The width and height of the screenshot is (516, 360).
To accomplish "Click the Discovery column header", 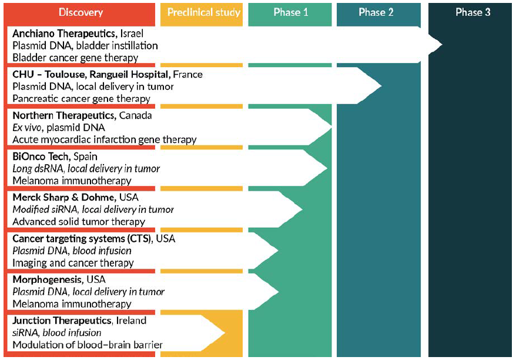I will click(x=81, y=12).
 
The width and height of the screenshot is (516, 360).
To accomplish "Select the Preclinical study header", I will click(x=203, y=12).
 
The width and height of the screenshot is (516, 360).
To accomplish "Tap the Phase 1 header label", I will click(x=290, y=12).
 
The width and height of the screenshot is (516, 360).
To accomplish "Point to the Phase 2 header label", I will click(x=376, y=12).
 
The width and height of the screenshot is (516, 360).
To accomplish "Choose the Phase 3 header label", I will click(x=473, y=12).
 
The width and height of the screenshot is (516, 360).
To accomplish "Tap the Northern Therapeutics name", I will click(x=65, y=115).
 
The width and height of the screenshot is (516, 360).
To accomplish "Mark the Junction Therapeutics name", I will click(x=62, y=321).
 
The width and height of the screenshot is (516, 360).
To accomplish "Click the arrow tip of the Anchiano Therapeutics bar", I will click(x=441, y=45).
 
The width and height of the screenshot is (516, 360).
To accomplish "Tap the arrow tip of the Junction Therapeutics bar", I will click(x=225, y=333).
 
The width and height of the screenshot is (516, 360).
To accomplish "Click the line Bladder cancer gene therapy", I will click(x=75, y=58).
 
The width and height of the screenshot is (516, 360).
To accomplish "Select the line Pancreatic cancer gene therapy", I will click(x=81, y=99).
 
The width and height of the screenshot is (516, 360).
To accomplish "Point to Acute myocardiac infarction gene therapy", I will click(x=104, y=140).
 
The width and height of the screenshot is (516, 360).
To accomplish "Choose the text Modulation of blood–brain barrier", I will click(x=88, y=345).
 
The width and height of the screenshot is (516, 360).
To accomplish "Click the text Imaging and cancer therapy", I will click(x=73, y=263).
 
